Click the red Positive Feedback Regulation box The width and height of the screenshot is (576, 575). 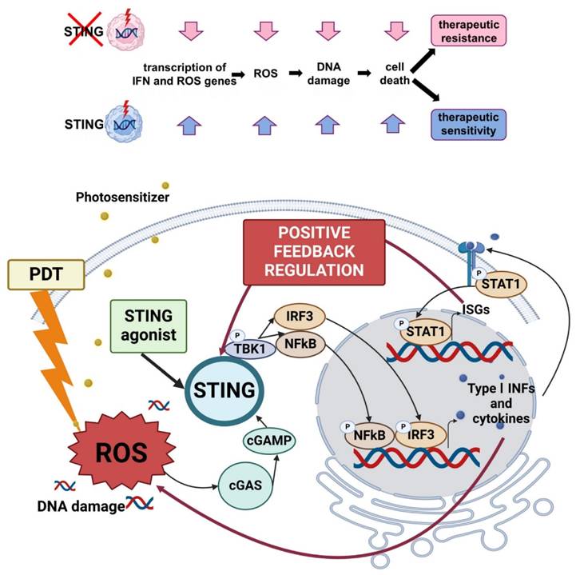click(314, 251)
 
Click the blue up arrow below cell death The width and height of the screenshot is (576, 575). click(391, 123)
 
